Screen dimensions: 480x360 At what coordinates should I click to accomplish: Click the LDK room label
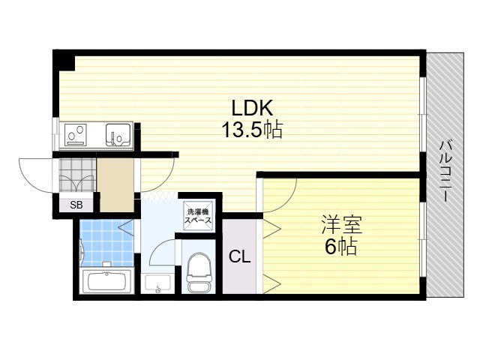tap(252, 108)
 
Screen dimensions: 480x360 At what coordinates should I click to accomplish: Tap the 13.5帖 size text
tap(252, 130)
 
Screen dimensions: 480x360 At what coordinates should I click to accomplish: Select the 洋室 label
tap(341, 225)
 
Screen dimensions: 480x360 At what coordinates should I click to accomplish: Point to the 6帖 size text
tap(340, 247)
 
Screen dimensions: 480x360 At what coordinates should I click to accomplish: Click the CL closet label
tap(240, 256)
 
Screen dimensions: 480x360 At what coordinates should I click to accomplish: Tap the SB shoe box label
tap(76, 205)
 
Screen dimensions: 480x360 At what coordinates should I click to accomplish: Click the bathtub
tap(106, 282)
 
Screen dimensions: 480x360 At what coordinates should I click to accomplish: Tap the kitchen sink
tap(118, 135)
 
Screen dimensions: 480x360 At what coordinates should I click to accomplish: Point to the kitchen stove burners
tap(76, 135)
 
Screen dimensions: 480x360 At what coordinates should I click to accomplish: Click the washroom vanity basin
tap(157, 284)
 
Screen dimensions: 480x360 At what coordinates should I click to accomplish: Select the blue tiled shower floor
tap(106, 243)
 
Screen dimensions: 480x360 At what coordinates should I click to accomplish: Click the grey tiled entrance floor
tap(77, 175)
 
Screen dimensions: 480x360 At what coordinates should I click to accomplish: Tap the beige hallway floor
tap(117, 185)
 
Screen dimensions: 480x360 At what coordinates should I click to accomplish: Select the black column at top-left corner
tap(64, 60)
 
